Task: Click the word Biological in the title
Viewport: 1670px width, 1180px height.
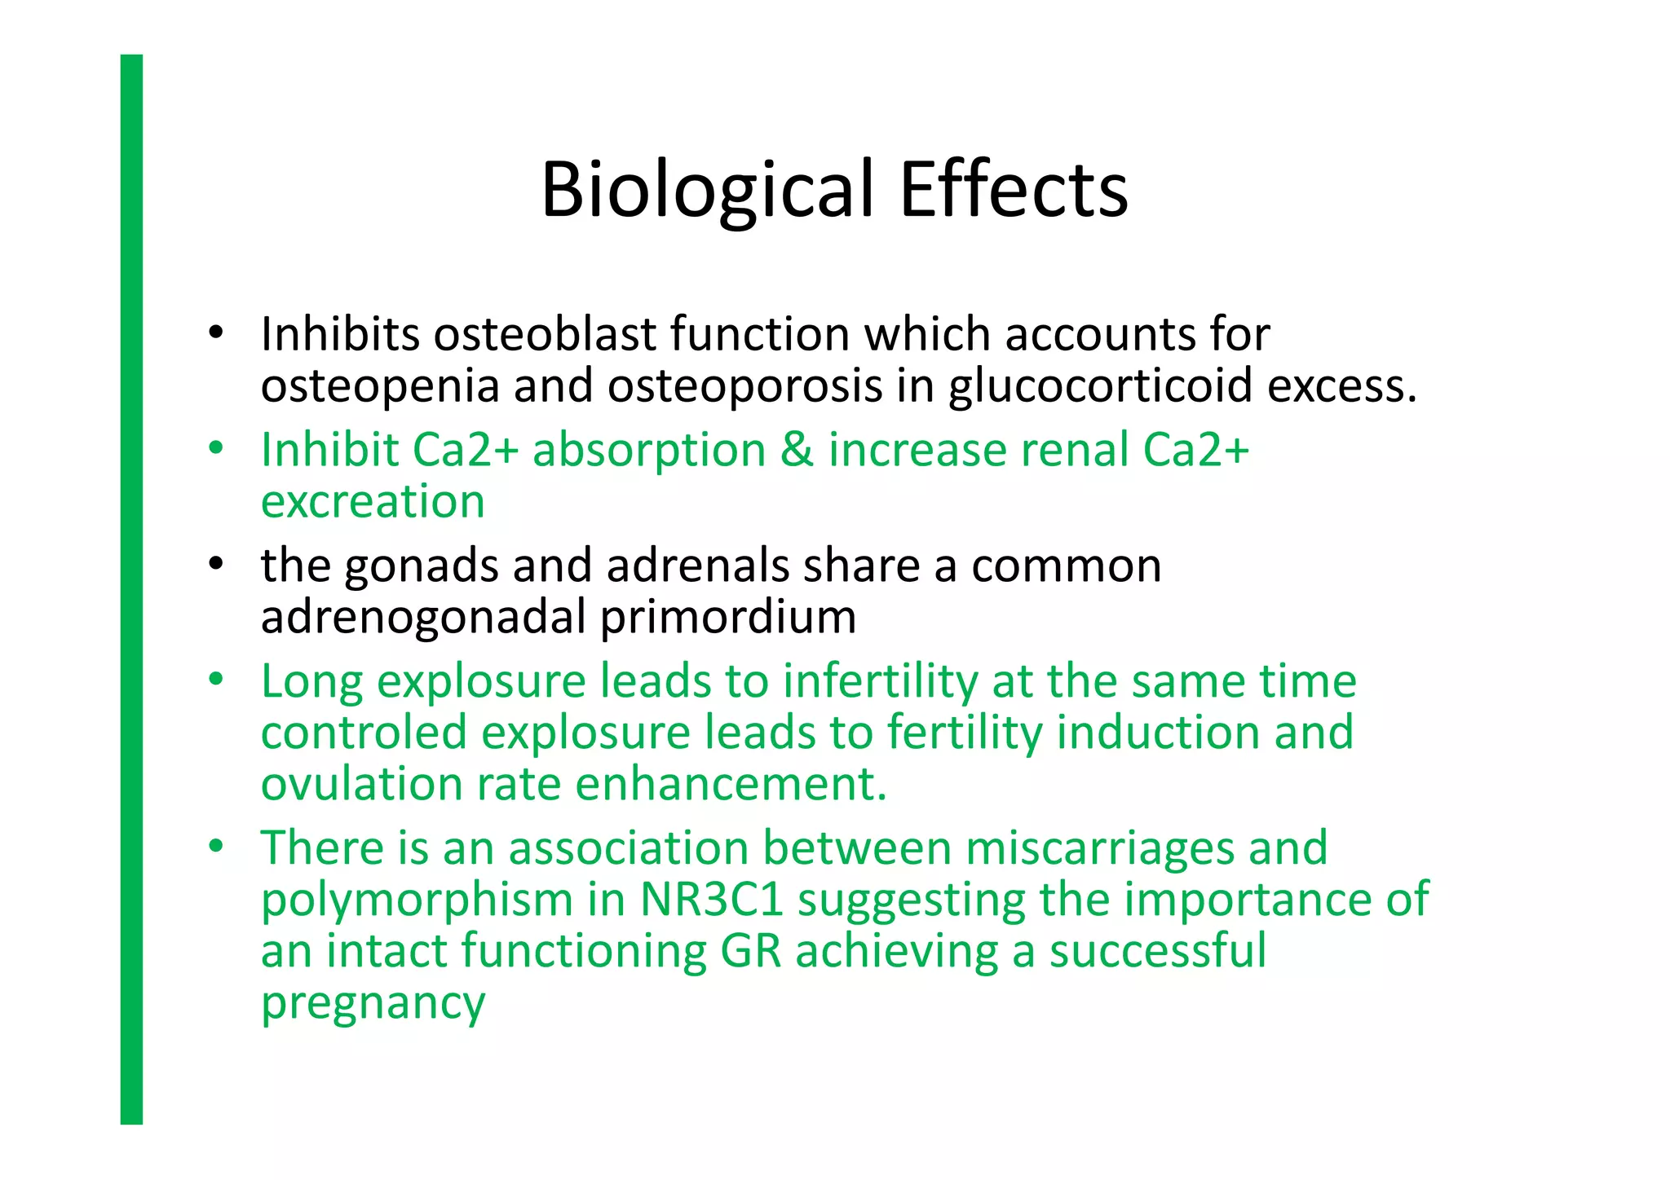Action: tap(708, 190)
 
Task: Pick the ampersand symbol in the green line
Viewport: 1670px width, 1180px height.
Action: tap(797, 450)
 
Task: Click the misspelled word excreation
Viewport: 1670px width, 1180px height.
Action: tap(373, 501)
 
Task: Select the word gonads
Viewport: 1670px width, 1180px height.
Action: tap(421, 566)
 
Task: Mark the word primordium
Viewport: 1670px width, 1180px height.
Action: tap(728, 617)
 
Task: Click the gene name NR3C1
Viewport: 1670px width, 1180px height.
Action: tap(711, 900)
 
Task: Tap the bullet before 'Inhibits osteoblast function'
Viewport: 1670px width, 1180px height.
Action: tap(215, 332)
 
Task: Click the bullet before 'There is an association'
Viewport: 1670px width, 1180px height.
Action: tap(215, 847)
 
